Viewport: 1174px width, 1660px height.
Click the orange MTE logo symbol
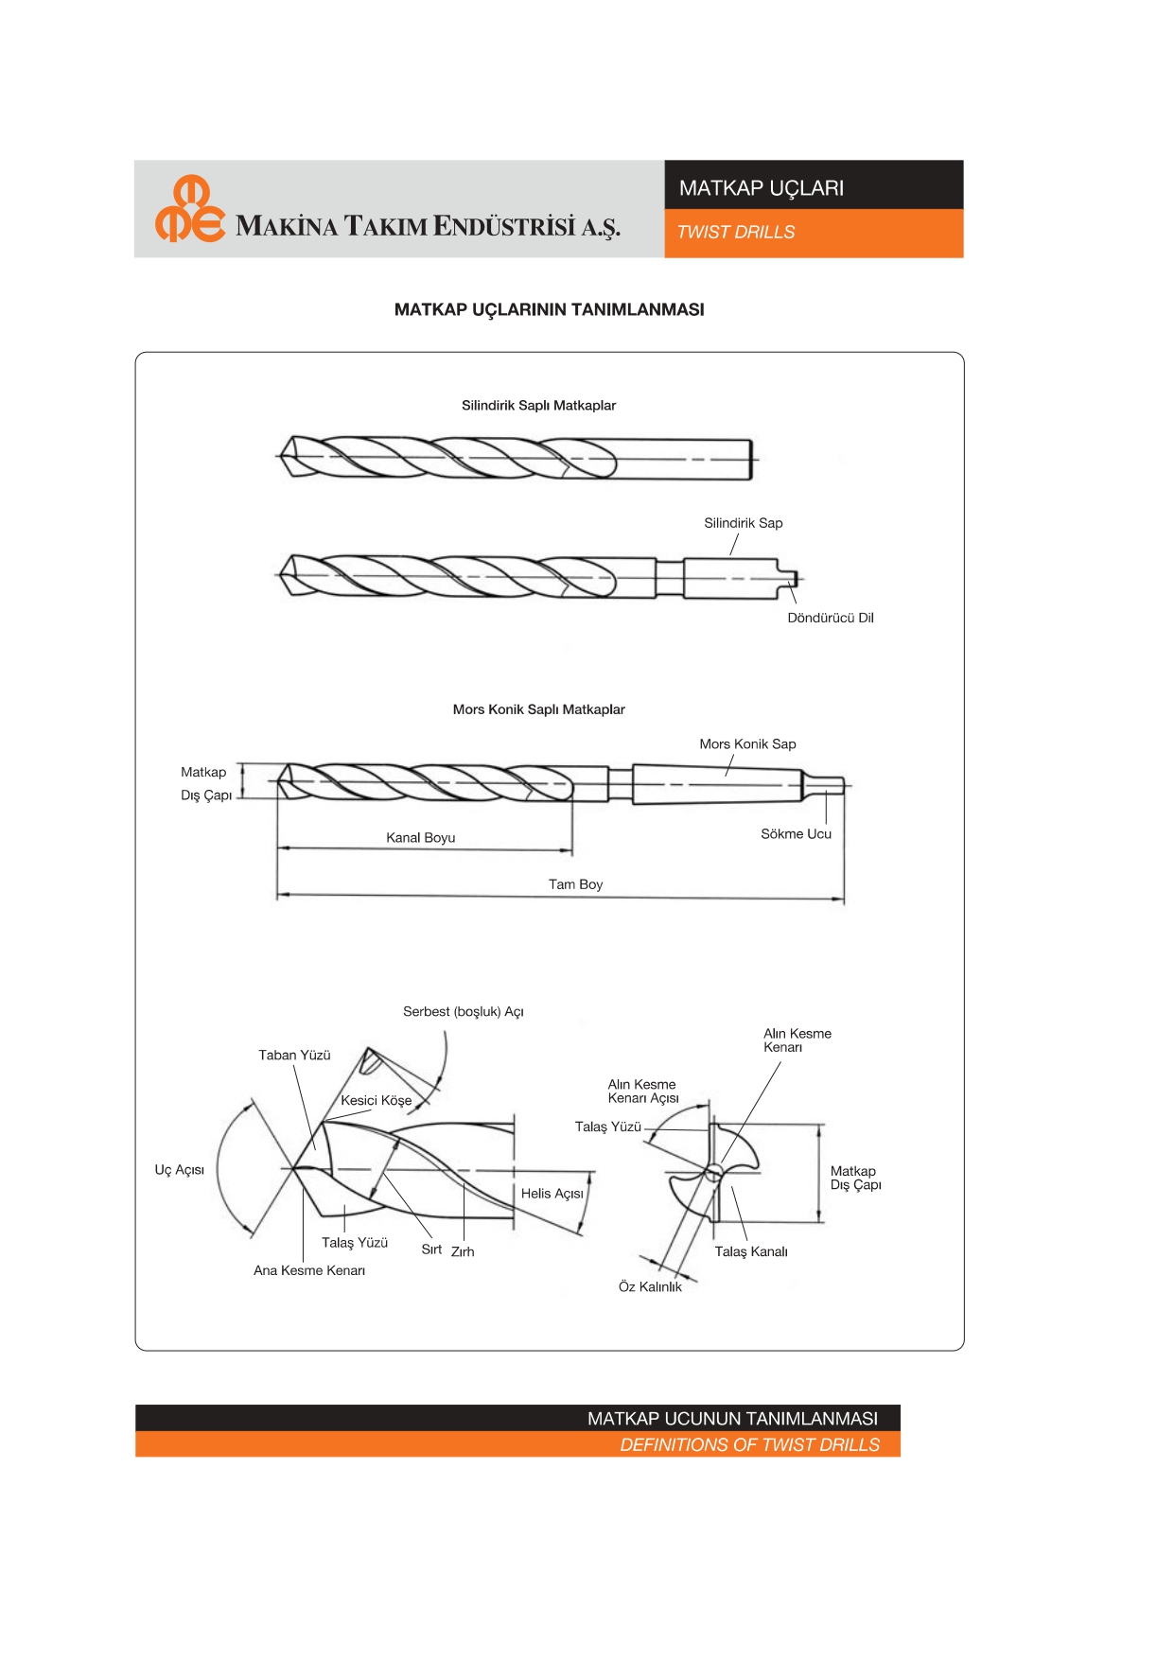(190, 209)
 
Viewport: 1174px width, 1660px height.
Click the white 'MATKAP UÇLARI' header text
(762, 188)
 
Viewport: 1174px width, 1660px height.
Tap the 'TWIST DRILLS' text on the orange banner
(736, 233)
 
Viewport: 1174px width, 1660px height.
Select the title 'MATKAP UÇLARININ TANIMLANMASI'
(549, 310)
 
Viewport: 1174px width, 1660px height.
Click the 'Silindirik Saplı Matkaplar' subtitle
(538, 406)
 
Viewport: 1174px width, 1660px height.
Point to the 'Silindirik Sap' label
(744, 523)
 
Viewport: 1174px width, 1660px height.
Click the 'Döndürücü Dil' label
(831, 618)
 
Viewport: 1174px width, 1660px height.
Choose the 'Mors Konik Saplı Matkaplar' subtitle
(538, 709)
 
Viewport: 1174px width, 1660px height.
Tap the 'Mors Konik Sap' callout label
(747, 744)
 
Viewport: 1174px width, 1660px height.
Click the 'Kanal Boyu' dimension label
(421, 838)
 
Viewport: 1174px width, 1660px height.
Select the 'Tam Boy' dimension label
(575, 885)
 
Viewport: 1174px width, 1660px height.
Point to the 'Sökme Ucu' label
(796, 834)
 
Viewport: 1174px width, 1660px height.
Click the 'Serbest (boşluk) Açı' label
(464, 1012)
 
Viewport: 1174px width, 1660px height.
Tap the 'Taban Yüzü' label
(294, 1056)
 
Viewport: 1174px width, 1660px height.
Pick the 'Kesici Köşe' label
(377, 1101)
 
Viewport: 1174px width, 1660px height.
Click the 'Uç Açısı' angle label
(180, 1171)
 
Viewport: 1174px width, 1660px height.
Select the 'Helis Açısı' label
(552, 1195)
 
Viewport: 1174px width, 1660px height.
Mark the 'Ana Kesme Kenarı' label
(309, 1271)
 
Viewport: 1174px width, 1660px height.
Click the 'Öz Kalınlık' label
(650, 1287)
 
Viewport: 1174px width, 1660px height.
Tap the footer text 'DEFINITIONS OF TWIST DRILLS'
(750, 1445)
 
